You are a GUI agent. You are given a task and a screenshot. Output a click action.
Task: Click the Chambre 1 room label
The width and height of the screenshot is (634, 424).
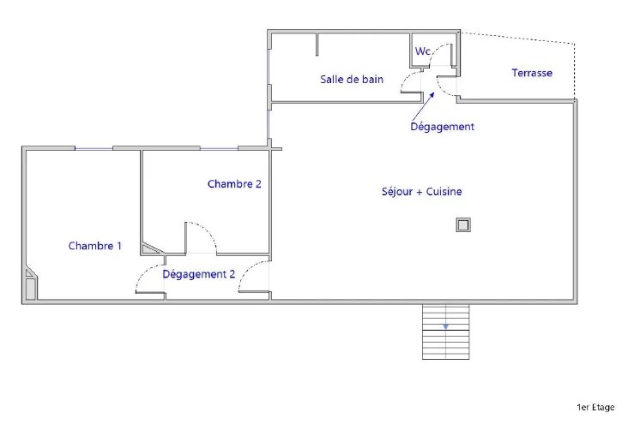(x=95, y=246)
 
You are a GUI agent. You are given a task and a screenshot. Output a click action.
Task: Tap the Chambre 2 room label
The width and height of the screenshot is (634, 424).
(x=234, y=184)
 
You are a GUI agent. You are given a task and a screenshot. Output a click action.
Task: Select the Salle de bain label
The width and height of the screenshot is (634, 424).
(x=352, y=79)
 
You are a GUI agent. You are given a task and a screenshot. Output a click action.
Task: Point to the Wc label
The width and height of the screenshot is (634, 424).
(x=423, y=51)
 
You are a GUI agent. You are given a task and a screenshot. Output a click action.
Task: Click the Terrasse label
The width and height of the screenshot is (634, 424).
(x=532, y=73)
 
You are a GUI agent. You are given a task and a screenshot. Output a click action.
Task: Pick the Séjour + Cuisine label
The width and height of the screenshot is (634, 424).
(x=422, y=191)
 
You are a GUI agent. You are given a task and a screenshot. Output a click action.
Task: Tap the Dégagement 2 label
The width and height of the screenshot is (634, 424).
(x=198, y=274)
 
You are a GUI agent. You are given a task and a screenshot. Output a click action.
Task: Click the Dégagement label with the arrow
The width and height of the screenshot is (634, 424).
(x=443, y=127)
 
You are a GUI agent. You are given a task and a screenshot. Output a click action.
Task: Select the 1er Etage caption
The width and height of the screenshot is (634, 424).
(x=595, y=407)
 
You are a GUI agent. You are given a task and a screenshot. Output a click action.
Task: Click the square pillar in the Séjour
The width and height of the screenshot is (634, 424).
(x=463, y=225)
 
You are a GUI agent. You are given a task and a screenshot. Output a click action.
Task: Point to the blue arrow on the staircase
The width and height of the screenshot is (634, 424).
(x=445, y=325)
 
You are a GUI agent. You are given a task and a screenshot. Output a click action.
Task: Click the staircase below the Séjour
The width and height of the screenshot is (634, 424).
(x=446, y=331)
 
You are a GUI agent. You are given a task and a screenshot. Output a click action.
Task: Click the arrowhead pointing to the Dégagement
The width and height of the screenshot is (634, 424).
(x=432, y=95)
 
